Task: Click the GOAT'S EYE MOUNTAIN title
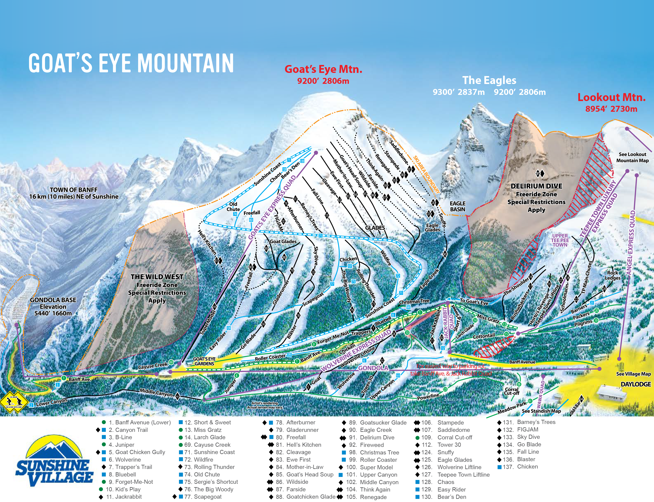(x=131, y=63)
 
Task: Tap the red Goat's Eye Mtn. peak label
(x=323, y=69)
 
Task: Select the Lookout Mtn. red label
(x=611, y=97)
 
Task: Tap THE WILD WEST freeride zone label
(x=157, y=277)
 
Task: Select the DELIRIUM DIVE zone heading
(x=536, y=186)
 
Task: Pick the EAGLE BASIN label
(x=457, y=206)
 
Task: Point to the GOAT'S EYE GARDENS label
(x=204, y=361)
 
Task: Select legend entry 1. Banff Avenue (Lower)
(x=140, y=423)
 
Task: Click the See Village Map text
(x=633, y=374)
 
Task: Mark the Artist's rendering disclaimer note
(x=265, y=405)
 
